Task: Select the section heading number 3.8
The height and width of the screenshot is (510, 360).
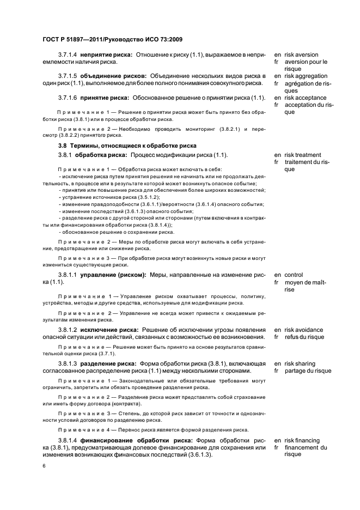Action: (x=63, y=145)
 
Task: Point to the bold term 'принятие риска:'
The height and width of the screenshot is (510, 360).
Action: (x=105, y=98)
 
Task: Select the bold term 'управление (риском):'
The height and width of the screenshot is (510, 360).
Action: (x=113, y=275)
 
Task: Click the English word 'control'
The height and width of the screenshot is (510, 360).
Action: (x=294, y=275)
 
